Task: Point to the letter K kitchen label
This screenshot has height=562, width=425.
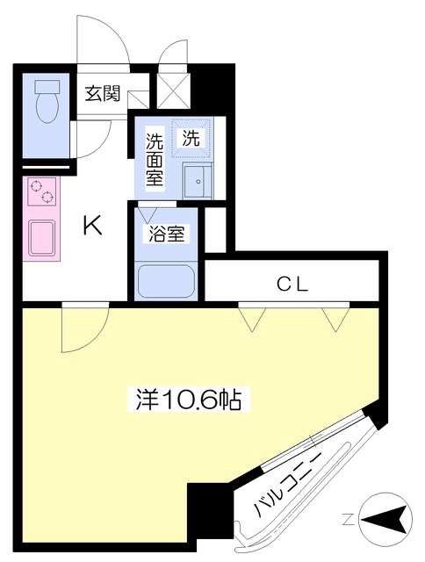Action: tap(92, 227)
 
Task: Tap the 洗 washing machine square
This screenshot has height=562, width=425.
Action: tap(190, 137)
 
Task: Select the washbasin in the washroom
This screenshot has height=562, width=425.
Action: tap(198, 180)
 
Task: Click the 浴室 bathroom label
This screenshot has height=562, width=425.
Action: tap(168, 236)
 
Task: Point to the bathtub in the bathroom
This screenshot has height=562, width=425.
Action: tap(168, 280)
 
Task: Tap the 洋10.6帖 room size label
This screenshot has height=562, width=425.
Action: tap(189, 400)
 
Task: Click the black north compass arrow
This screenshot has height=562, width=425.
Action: tap(386, 519)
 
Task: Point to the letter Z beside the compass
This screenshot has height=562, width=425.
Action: tap(348, 520)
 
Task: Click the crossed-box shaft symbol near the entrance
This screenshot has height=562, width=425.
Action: tap(170, 87)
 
